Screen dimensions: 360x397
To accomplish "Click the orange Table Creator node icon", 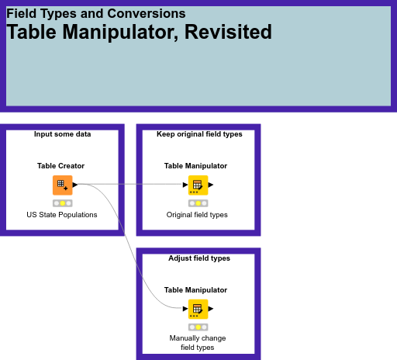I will pos(62,185).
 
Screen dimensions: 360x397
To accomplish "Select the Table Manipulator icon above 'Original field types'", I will pos(198,185).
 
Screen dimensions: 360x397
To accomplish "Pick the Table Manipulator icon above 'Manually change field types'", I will pos(198,309).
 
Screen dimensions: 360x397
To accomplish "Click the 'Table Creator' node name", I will pos(60,165).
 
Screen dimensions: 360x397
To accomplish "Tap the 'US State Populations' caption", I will pos(62,214).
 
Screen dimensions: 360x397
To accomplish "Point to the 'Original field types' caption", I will pos(197,214).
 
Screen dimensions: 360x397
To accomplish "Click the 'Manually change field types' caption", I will pos(197,343).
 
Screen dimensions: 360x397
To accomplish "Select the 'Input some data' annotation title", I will pos(62,134).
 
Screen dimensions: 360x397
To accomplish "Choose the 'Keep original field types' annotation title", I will pos(199,134).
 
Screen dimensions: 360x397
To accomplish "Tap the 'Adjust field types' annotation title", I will pos(199,258).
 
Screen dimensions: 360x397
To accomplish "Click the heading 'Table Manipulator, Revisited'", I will pos(140,33).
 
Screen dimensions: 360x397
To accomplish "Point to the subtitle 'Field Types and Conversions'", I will pos(95,13).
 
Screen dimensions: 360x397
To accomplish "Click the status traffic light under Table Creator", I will pos(63,202).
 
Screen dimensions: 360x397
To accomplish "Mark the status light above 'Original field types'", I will pos(198,202).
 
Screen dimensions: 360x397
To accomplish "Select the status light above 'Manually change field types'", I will pos(198,327).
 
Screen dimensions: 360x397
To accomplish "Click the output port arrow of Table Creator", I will pos(75,185).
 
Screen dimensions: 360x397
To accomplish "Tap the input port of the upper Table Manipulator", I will pos(185,185).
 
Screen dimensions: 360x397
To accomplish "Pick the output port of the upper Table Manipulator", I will pos(211,185).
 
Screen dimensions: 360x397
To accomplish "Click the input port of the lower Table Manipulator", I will pos(185,309).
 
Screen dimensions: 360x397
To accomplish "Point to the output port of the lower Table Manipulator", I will pos(211,309).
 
